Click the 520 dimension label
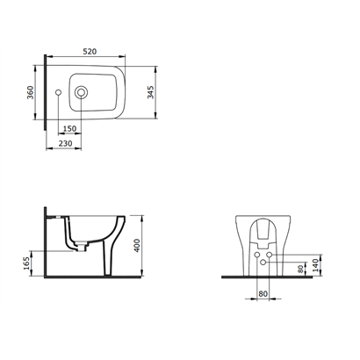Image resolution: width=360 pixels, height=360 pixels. [90, 52]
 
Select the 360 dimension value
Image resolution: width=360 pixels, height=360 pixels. [31, 92]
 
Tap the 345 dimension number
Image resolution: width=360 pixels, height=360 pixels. [150, 92]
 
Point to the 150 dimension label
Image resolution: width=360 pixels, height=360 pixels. [69, 128]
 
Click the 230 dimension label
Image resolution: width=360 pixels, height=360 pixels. [66, 144]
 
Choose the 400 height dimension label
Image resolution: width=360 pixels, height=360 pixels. [137, 246]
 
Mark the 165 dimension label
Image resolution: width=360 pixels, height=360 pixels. [26, 263]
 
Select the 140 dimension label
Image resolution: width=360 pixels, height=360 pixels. [315, 265]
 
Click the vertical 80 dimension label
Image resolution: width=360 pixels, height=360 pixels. [299, 270]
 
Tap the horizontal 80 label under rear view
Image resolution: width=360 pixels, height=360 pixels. [263, 293]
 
